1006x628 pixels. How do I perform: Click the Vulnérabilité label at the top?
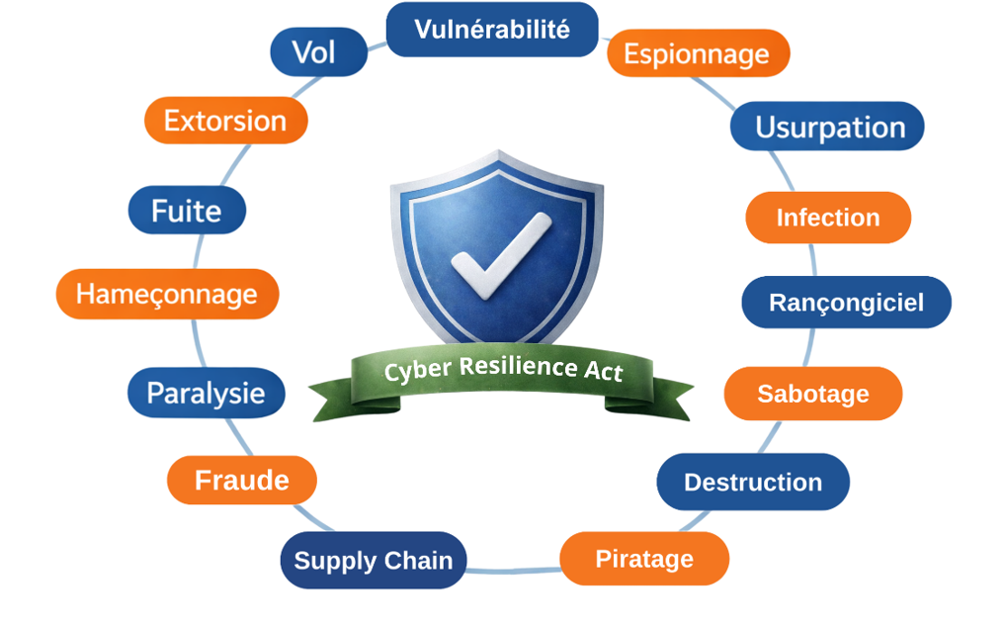click(x=492, y=29)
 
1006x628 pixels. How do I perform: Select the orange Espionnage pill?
click(x=698, y=53)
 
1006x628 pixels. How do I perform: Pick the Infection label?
click(x=828, y=218)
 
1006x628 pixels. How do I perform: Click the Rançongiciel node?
click(x=846, y=303)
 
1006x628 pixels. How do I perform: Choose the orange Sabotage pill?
click(x=812, y=394)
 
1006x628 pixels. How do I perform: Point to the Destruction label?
click(x=753, y=482)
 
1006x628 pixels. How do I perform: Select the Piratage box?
click(x=644, y=559)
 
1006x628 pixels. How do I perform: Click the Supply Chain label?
click(x=373, y=561)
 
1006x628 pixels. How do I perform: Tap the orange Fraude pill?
click(x=242, y=481)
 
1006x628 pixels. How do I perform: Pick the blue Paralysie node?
click(x=206, y=393)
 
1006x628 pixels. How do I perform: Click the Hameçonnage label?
click(x=167, y=294)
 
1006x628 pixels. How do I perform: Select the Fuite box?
click(x=187, y=211)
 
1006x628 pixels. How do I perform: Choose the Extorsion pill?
click(x=225, y=121)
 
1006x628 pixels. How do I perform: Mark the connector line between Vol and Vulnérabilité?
click(x=377, y=45)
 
